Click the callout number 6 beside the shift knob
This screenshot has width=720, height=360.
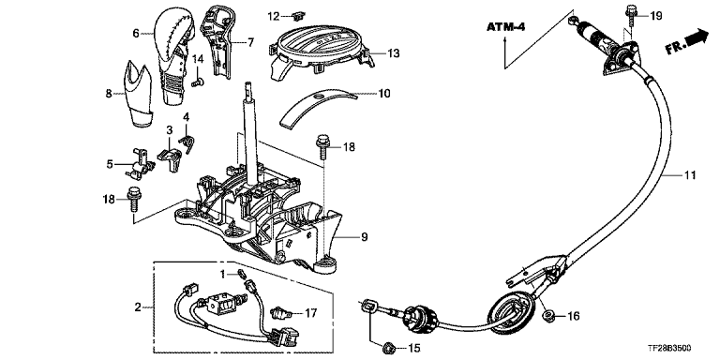pos(135,33)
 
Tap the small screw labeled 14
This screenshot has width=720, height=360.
pos(198,82)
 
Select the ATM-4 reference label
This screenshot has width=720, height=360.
pos(506,27)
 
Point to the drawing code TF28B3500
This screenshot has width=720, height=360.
pos(672,349)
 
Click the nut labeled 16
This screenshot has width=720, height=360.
pos(547,315)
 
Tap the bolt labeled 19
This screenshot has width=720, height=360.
pos(629,16)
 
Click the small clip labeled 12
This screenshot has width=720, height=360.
pos(298,16)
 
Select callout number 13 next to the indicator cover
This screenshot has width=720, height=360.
pos(393,53)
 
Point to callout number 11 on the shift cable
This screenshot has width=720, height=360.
pos(690,175)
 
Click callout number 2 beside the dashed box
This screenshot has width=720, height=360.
pos(138,307)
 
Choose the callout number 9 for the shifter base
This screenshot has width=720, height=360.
pos(365,237)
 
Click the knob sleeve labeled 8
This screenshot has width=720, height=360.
pos(137,94)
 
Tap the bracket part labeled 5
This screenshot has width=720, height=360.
pos(138,164)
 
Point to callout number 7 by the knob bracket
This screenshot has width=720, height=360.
pos(250,43)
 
